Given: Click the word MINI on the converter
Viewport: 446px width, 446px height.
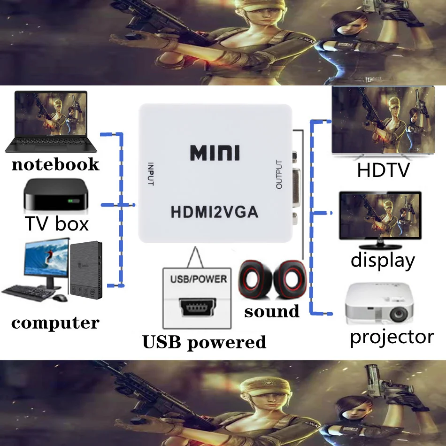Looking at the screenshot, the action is point(215,153).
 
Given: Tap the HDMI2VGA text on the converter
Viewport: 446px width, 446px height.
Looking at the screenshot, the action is point(214,212).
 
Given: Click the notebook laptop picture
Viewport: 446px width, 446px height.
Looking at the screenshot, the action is point(51,121).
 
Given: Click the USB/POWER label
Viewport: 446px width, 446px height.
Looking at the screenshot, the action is point(197,279).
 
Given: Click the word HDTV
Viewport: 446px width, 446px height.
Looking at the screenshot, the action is point(383,170).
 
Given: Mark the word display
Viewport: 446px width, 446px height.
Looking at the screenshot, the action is point(383,260).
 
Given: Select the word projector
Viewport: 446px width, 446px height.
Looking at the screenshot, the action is point(392,337).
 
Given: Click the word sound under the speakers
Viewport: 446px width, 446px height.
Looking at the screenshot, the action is point(271,311).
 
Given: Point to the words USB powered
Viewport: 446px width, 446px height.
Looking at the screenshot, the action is point(204,342).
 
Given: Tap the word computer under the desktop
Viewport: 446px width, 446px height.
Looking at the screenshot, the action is point(55,323).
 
